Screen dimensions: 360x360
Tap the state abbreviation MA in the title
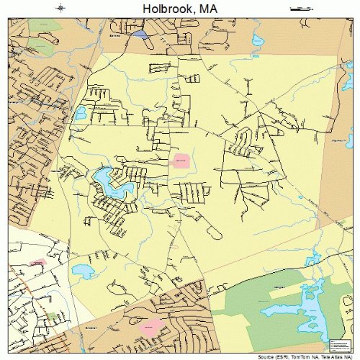click(210, 8)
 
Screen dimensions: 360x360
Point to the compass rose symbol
click(60, 8)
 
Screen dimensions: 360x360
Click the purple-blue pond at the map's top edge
click(139, 35)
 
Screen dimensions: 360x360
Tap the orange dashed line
click(29, 288)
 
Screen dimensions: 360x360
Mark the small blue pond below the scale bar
click(254, 38)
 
